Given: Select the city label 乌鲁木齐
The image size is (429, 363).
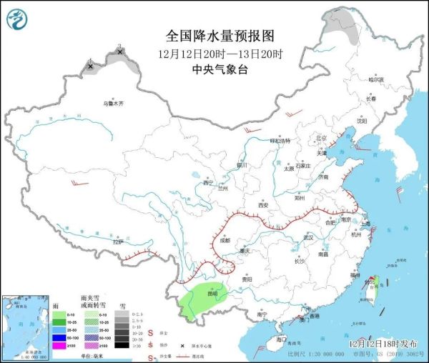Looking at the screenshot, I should [113, 104].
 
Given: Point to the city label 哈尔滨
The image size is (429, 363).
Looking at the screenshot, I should [376, 79].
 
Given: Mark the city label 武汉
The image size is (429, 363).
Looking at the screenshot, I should [309, 237].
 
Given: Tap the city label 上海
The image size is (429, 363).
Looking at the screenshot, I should [366, 224].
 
